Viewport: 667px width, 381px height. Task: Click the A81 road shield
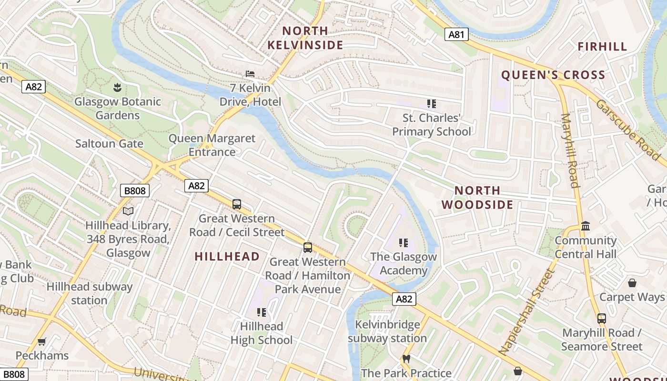tap(456, 34)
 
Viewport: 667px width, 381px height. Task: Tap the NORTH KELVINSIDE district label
tap(305, 38)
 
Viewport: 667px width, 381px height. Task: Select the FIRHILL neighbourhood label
tap(602, 47)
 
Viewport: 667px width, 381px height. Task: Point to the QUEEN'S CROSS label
tap(553, 75)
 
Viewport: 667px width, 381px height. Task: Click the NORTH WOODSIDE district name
tap(477, 198)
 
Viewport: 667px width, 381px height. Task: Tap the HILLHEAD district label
tap(227, 256)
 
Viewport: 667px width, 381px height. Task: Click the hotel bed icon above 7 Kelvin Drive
tap(250, 74)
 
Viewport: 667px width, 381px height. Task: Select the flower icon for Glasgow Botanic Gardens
tap(117, 87)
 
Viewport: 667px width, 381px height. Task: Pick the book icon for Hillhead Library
tap(128, 211)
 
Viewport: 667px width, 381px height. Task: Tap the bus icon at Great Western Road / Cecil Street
tap(237, 204)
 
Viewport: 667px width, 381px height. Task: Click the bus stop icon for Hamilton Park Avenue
tap(308, 248)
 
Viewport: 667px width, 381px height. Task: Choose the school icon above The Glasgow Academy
tap(404, 243)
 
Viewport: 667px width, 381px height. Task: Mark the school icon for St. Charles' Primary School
tap(432, 104)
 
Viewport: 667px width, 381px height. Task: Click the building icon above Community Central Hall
tap(586, 226)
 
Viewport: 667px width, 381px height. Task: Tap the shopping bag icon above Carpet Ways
tap(632, 283)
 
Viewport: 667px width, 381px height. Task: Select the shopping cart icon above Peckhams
tap(42, 341)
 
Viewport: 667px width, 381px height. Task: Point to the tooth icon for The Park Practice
tap(406, 359)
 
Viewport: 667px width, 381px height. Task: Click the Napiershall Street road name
tap(527, 312)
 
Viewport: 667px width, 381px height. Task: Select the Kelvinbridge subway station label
tap(387, 331)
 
